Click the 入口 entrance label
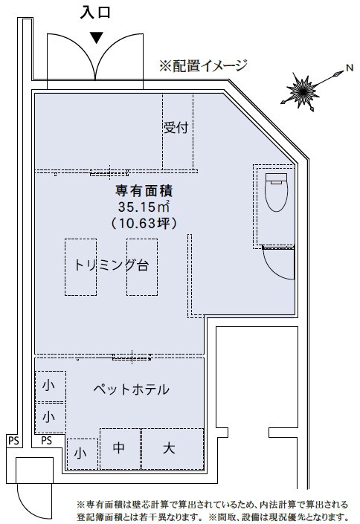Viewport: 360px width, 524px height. click(x=95, y=13)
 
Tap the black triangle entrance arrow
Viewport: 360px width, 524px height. click(x=97, y=38)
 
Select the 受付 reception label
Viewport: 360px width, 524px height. click(x=176, y=127)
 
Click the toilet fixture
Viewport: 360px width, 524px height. click(x=276, y=192)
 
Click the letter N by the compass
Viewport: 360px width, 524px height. click(x=350, y=68)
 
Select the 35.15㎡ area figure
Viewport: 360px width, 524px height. click(x=144, y=207)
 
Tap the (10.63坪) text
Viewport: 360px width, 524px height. click(x=144, y=223)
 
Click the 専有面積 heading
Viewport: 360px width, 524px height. click(x=144, y=191)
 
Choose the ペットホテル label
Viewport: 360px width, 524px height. click(x=131, y=389)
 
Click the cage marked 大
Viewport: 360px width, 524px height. click(x=173, y=448)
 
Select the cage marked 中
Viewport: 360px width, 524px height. click(x=120, y=448)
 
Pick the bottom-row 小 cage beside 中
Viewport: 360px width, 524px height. click(x=83, y=454)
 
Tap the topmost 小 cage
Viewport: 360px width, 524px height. click(x=51, y=386)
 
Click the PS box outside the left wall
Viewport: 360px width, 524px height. click(x=13, y=441)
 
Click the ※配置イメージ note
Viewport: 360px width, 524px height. click(x=203, y=66)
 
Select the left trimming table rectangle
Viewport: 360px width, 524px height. click(x=80, y=267)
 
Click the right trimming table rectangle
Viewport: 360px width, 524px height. click(x=142, y=267)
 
